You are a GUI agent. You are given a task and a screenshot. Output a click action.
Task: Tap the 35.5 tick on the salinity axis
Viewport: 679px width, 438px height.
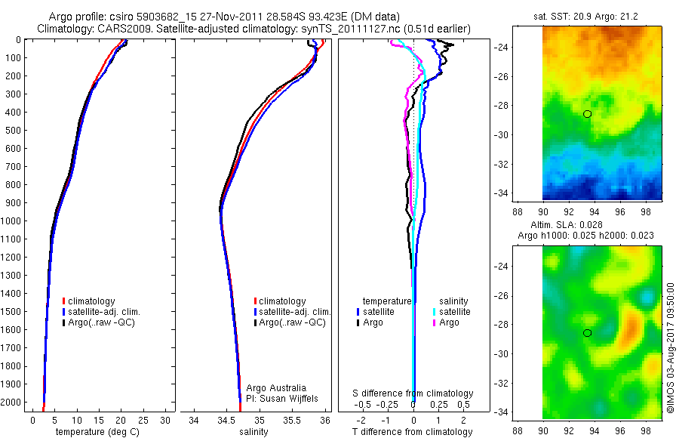(x=292, y=420)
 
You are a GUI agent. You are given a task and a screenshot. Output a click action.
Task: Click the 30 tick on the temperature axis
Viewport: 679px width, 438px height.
(x=166, y=420)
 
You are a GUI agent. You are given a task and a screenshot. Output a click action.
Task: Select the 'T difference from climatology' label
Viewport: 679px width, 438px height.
(x=413, y=432)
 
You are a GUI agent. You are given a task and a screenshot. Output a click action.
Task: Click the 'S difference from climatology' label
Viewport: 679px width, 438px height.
(x=413, y=393)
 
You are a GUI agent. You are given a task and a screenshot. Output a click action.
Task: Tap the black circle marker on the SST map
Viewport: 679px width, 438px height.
(x=587, y=114)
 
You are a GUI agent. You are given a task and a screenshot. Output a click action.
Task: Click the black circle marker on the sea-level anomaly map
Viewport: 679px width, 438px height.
(x=587, y=333)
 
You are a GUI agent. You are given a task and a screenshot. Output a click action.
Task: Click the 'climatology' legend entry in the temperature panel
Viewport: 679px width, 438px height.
(x=94, y=301)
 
